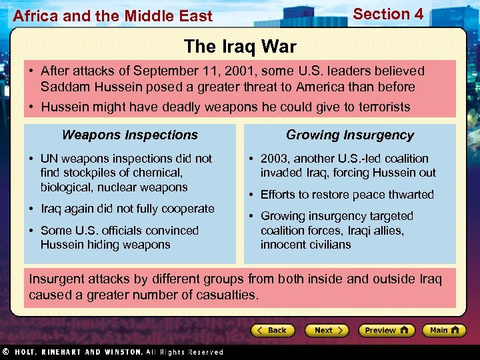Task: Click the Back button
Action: [x=273, y=330]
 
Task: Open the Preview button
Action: [x=386, y=330]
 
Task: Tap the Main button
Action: [x=443, y=330]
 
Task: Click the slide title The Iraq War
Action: [x=240, y=46]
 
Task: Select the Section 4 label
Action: [x=388, y=14]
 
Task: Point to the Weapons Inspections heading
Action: [x=130, y=135]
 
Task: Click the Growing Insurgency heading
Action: [x=350, y=135]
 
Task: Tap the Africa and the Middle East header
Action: [x=113, y=16]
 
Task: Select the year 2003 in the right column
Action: [x=275, y=159]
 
